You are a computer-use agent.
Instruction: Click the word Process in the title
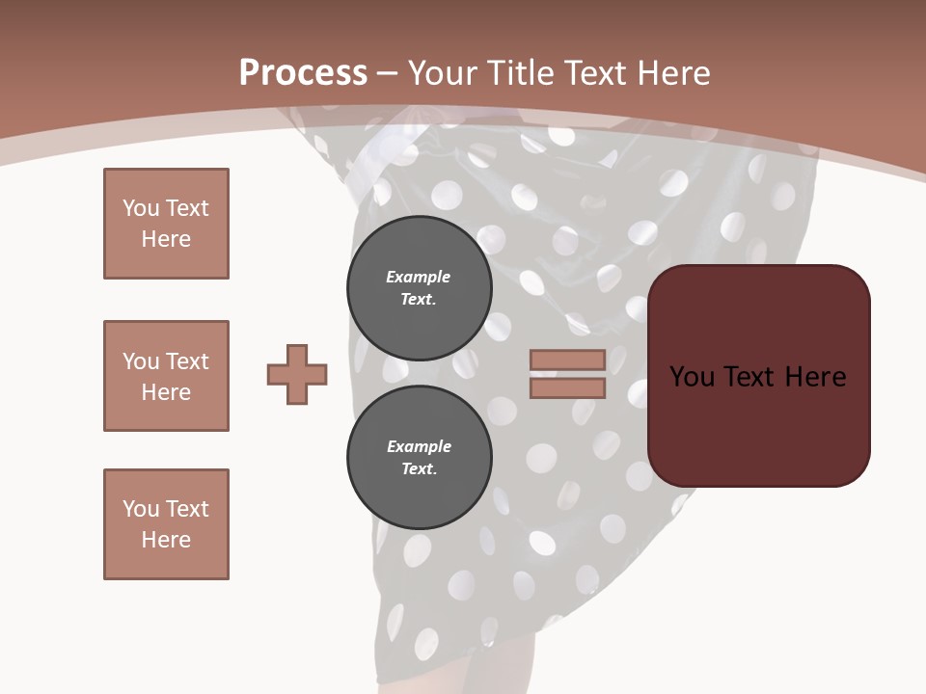click(x=303, y=73)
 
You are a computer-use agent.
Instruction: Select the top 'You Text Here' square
click(x=166, y=224)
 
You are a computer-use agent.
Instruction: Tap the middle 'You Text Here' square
click(x=166, y=376)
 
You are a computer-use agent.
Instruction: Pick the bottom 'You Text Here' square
click(x=166, y=524)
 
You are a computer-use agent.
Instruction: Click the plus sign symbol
click(x=297, y=374)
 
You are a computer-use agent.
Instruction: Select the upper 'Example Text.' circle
click(x=420, y=288)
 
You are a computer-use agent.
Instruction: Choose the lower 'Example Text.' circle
click(x=420, y=458)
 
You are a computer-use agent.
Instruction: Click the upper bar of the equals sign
click(x=567, y=360)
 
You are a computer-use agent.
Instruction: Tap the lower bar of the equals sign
click(x=567, y=388)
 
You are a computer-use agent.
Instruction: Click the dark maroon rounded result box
click(x=759, y=376)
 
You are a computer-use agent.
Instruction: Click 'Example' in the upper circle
click(x=419, y=277)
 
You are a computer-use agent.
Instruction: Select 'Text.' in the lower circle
click(x=419, y=469)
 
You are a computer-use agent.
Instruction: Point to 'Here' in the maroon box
click(x=816, y=377)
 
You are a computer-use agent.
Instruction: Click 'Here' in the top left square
click(x=166, y=239)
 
